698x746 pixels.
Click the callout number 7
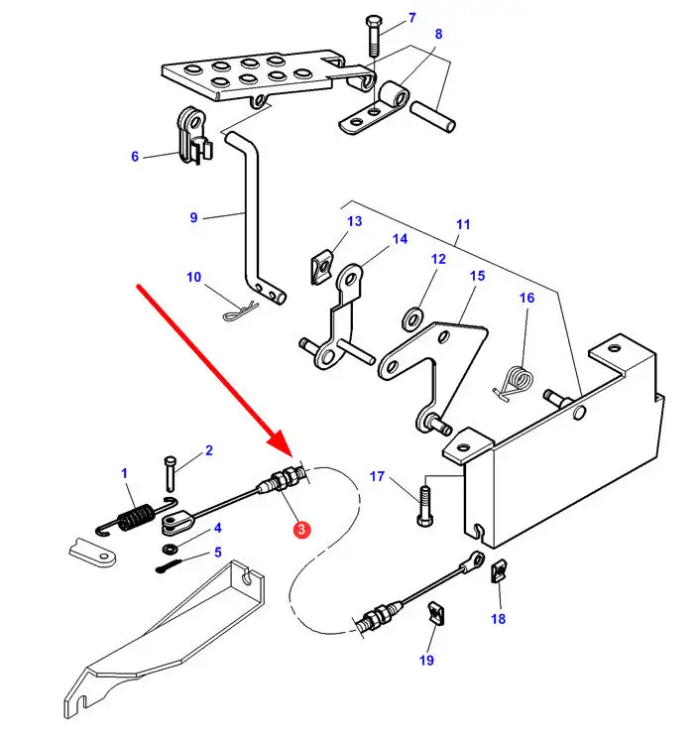tap(411, 18)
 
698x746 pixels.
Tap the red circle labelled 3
tap(300, 531)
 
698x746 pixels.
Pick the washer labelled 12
tap(409, 321)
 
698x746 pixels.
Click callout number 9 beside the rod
tap(194, 217)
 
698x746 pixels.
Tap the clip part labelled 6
tap(192, 134)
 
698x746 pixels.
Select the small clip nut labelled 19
tap(433, 614)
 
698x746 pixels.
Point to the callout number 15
tap(477, 275)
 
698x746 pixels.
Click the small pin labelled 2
tap(171, 469)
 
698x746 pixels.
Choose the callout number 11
tap(462, 224)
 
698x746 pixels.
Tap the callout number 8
tap(437, 34)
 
